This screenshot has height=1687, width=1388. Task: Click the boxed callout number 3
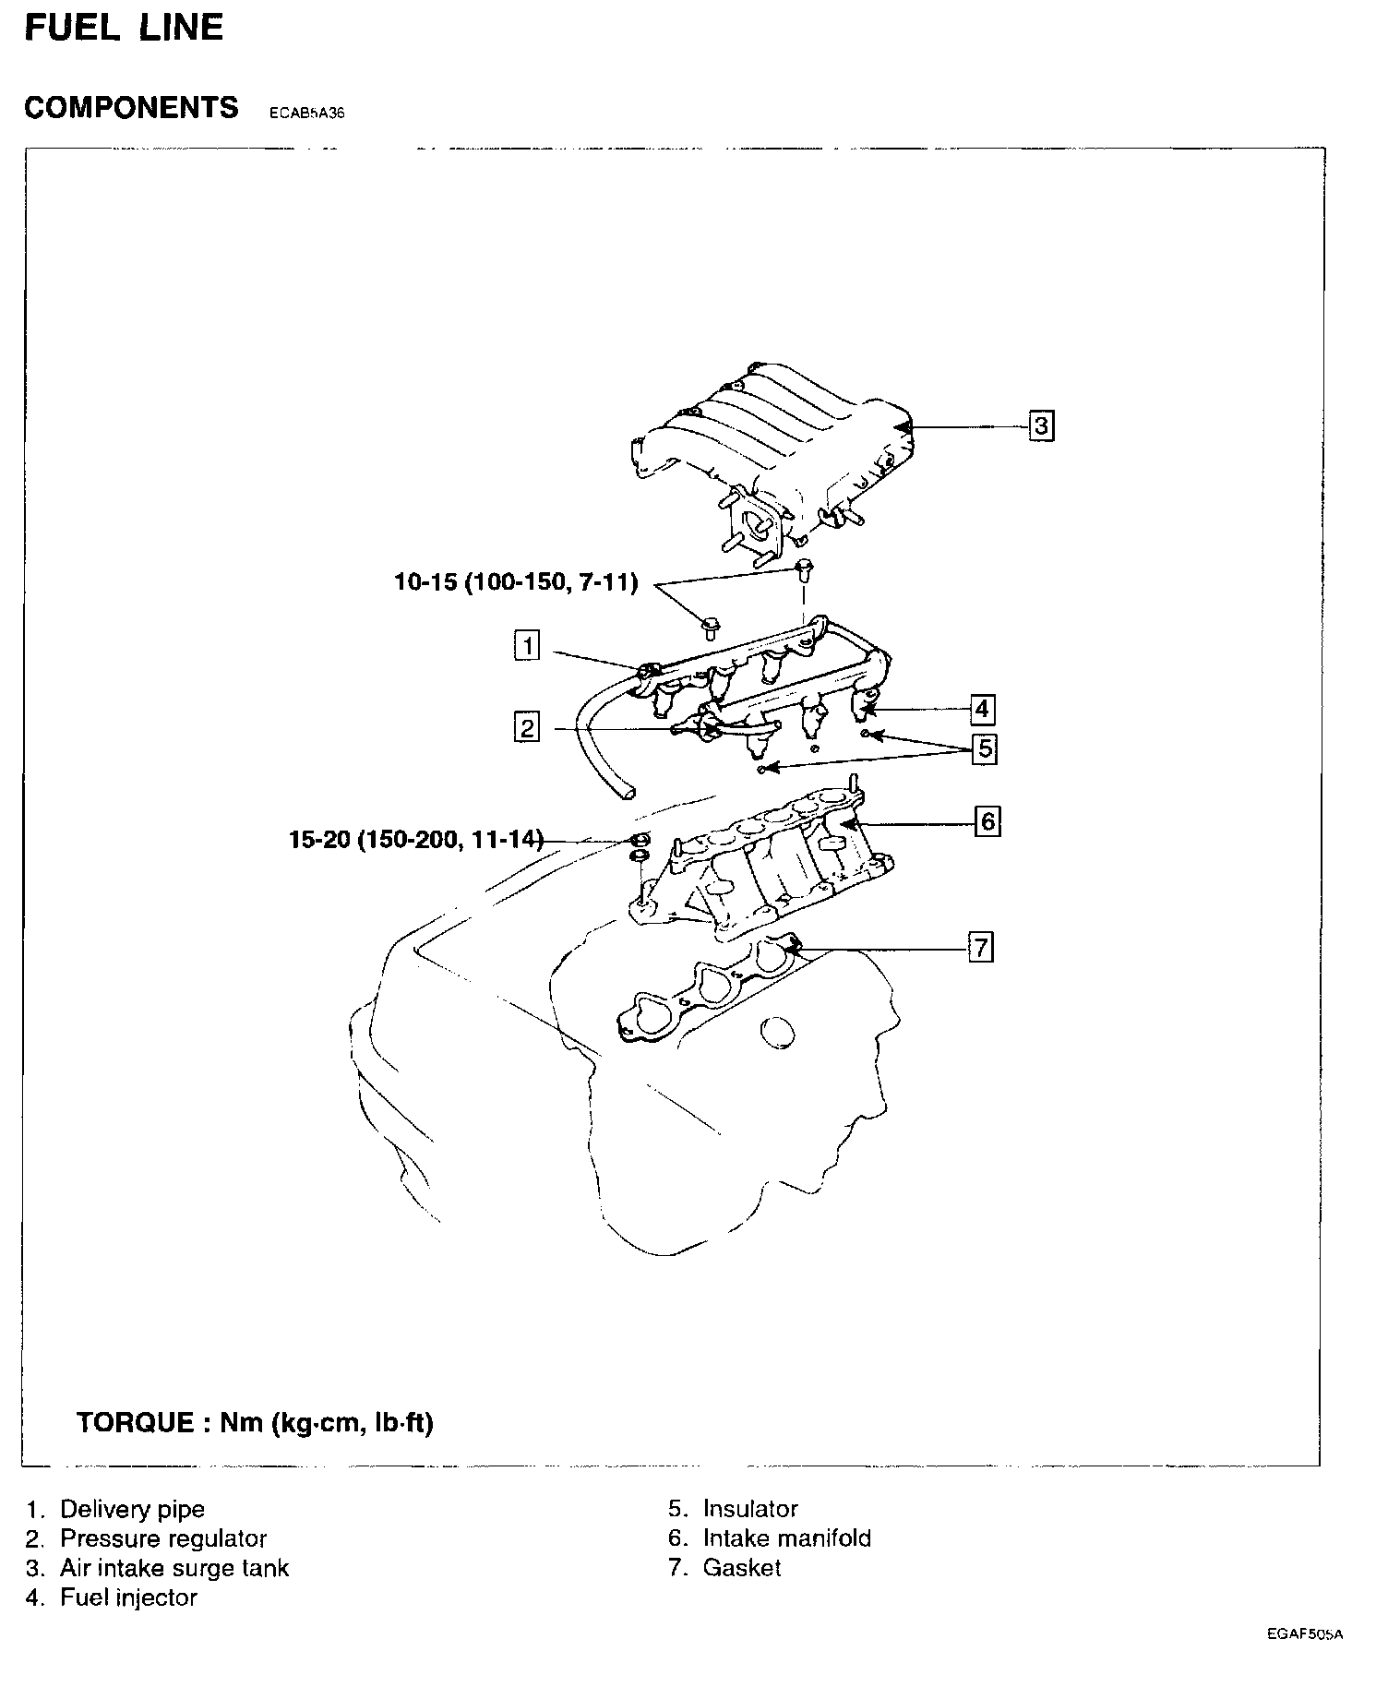(x=1041, y=426)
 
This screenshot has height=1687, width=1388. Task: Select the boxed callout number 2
(x=527, y=728)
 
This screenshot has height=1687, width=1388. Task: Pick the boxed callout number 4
(x=981, y=709)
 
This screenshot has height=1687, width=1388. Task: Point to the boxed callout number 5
(x=986, y=748)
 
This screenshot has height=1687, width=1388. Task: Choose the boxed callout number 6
(x=987, y=820)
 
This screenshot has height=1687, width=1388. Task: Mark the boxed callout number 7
(x=980, y=947)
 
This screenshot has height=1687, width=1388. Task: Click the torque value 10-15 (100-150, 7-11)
(x=516, y=583)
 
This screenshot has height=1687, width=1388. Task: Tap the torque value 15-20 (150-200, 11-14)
(x=415, y=840)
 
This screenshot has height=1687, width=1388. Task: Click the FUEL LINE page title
(x=124, y=28)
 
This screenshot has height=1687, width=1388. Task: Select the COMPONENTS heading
(x=131, y=108)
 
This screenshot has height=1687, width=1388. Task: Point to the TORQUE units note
(x=255, y=1422)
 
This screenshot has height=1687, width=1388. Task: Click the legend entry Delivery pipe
(x=131, y=1509)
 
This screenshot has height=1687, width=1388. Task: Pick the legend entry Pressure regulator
(x=162, y=1538)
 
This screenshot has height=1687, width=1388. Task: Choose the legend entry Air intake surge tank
(x=173, y=1568)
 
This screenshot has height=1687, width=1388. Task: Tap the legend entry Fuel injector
(x=128, y=1597)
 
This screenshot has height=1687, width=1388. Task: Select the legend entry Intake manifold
(x=786, y=1538)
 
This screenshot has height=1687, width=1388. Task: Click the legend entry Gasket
(x=741, y=1568)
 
